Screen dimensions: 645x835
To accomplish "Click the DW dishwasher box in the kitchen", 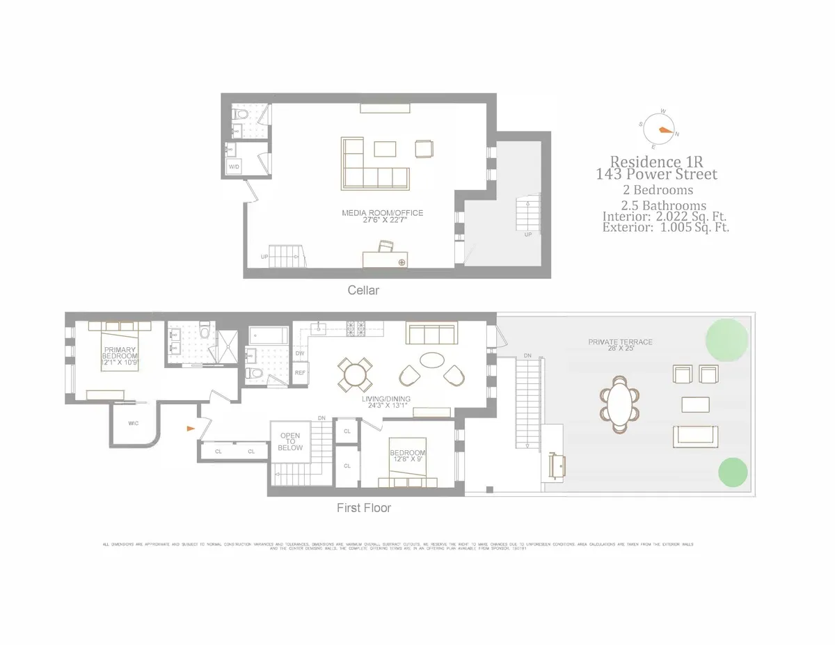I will [x=300, y=353].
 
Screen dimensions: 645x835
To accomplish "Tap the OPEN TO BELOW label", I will [x=290, y=442].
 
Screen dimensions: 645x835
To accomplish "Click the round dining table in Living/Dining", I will [x=354, y=374].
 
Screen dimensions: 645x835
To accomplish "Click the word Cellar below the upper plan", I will [x=363, y=290].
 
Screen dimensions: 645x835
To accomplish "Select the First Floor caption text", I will [x=363, y=508].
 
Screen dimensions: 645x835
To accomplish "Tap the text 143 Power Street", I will [x=656, y=174].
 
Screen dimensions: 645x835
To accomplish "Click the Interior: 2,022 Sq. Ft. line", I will [x=665, y=216].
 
